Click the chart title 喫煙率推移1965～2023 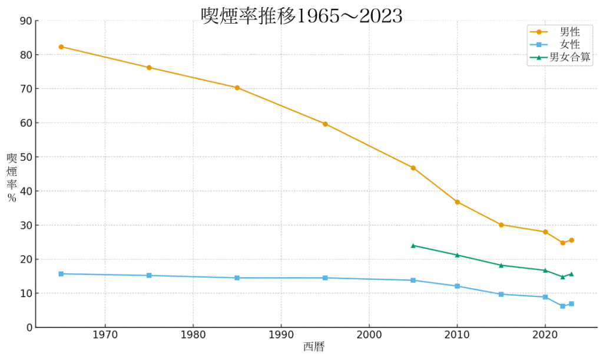point(301,16)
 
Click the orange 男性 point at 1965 point(61,47)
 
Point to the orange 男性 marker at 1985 point(237,88)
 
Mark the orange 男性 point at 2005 point(413,168)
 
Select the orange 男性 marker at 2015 point(501,224)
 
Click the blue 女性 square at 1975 point(149,275)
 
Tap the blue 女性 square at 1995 point(325,278)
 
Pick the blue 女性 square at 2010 point(458,286)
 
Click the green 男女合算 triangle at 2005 point(413,245)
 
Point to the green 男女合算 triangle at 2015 point(501,265)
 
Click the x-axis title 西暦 point(314,347)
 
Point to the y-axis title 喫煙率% point(12,177)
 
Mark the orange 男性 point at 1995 point(325,124)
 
